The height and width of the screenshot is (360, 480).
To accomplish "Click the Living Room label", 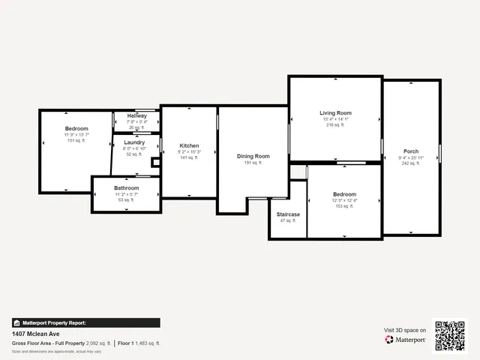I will pos(335,113).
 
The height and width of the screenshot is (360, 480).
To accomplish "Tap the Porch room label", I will pos(410,151).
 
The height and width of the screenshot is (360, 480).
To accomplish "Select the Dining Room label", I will pos(253,156).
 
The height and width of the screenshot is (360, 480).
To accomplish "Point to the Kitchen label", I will pos(189,145).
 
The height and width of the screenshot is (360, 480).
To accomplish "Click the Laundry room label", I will pos(134,142).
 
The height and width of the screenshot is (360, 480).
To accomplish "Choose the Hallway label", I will pos(136,116).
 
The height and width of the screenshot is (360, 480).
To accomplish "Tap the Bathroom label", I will pos(127,187).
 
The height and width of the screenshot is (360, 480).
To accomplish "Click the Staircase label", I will pos(287,214).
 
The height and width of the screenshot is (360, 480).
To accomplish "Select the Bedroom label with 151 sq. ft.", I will pos(76,128).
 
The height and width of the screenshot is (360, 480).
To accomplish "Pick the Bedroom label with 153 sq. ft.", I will pos(345,194).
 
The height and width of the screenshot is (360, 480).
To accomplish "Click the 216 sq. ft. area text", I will pos(335,125).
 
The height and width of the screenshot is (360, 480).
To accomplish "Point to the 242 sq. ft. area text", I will pos(410,163).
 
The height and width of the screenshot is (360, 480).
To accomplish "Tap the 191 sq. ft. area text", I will pos(253,162).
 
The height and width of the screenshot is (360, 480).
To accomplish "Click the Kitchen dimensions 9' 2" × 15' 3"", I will pos(189,151).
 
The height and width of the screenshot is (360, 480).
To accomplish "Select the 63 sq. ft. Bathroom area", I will pos(127,199).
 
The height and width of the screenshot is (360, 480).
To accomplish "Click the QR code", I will pos(450,335).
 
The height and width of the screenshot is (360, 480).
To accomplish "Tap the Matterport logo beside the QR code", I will pos(406,340).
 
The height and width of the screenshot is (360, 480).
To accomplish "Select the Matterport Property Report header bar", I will pos(85,323).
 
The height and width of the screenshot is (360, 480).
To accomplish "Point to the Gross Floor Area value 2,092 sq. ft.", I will pos(98,343).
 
